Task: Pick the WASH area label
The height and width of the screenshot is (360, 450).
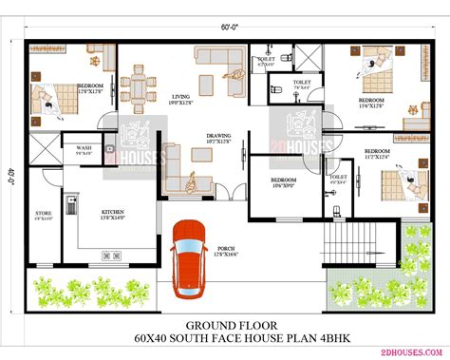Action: (x=84, y=147)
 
